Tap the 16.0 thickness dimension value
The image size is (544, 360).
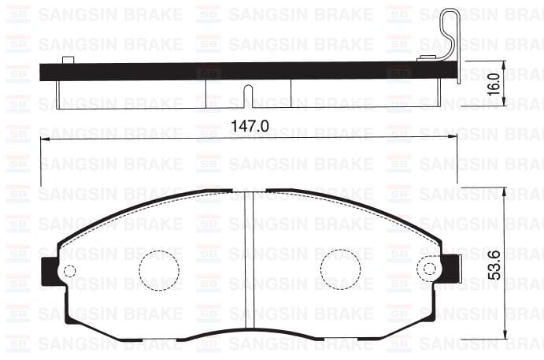pyautogui.click(x=494, y=83)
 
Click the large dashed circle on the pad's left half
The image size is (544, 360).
pyautogui.click(x=159, y=269)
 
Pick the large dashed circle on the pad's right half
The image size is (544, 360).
pyautogui.click(x=340, y=269)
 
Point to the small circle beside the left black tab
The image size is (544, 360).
pyautogui.click(x=68, y=271)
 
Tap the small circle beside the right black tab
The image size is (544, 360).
pyautogui.click(x=431, y=269)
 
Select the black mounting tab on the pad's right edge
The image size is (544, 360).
pyautogui.click(x=452, y=268)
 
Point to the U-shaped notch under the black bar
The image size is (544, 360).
pyautogui.click(x=248, y=95)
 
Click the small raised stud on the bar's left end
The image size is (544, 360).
pyautogui.click(x=68, y=60)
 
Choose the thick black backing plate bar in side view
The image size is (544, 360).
pyautogui.click(x=236, y=71)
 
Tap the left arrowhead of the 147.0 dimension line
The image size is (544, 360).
pyautogui.click(x=44, y=136)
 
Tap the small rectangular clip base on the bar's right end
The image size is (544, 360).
pyautogui.click(x=429, y=58)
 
